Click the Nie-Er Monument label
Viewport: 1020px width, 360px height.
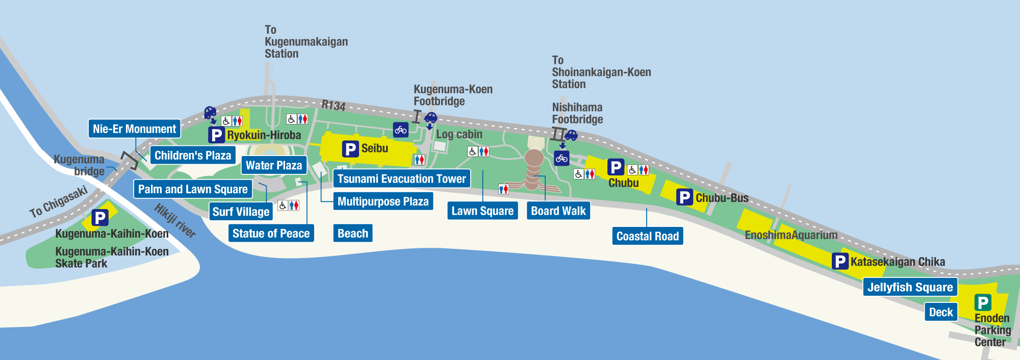pos(135,129)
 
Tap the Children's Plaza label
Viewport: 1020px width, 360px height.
pos(193,156)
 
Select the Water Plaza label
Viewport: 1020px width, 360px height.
pos(274,165)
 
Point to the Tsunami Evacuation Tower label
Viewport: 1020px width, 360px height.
pos(401,178)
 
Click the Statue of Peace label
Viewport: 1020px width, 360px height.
pos(271,234)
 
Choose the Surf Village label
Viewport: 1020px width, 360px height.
pos(241,212)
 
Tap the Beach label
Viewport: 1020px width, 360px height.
pos(352,234)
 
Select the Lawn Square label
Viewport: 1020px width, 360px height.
pos(482,211)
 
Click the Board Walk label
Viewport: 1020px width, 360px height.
pos(558,211)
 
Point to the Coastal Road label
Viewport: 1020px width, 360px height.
pos(648,236)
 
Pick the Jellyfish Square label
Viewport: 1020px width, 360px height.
pos(910,287)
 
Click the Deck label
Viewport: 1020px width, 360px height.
pos(941,312)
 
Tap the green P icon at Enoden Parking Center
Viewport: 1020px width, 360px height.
pos(982,302)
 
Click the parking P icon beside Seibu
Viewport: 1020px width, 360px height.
pos(350,149)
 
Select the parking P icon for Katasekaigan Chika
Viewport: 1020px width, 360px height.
pos(839,262)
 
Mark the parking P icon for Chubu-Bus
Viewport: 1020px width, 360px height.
pos(684,197)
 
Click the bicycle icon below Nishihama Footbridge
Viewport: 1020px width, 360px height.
pos(562,158)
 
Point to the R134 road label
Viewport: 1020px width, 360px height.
pos(334,106)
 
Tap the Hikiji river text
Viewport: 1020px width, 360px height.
pos(175,220)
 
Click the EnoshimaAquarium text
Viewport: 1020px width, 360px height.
pos(791,235)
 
